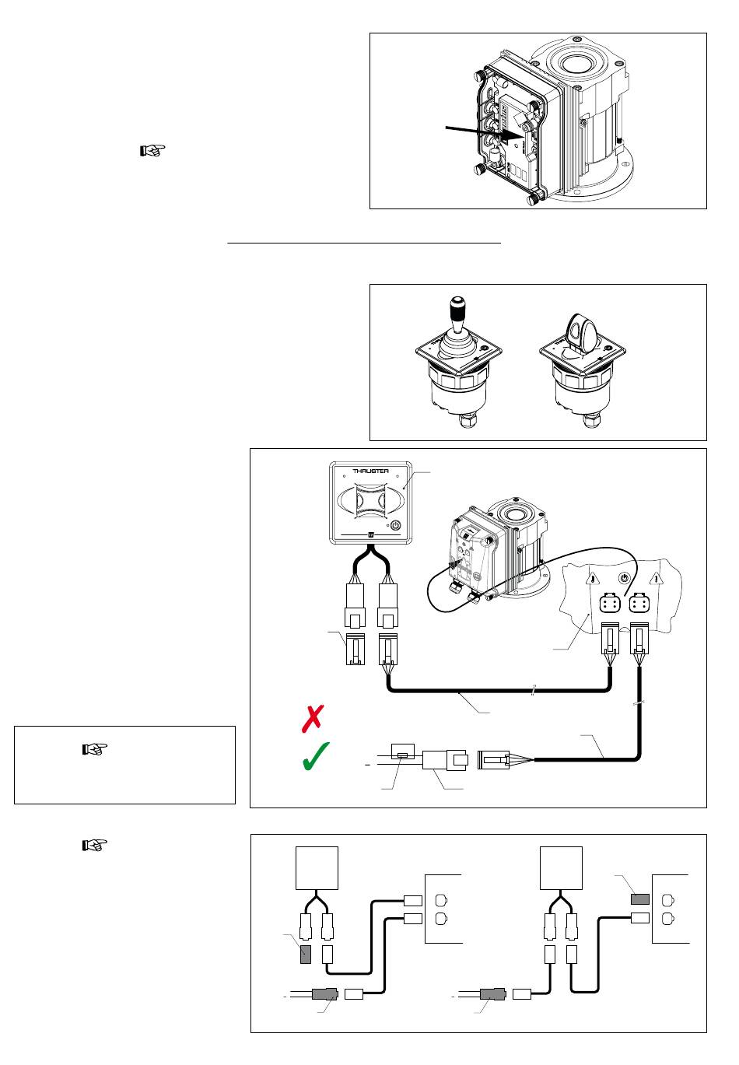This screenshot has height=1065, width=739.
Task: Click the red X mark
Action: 313,718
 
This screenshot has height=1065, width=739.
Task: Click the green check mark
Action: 315,756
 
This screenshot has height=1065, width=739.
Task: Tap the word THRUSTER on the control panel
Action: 370,471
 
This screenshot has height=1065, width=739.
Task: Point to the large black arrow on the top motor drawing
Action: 485,133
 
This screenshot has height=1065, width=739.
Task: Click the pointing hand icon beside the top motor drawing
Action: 152,151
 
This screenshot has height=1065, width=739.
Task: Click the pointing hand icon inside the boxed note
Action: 95,749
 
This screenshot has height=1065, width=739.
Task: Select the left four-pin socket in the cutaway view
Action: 610,604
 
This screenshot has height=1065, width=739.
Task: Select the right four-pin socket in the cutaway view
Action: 639,604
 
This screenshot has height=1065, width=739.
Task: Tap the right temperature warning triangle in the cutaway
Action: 657,579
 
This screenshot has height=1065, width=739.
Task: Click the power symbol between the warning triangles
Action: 625,579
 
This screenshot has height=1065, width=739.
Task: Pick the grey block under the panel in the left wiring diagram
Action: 306,955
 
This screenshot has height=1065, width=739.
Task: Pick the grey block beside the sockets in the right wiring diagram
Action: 639,899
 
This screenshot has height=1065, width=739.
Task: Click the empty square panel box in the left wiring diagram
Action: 317,867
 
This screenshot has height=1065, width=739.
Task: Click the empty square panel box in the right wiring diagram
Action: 561,867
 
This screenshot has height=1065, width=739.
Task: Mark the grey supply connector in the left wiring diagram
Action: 325,993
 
